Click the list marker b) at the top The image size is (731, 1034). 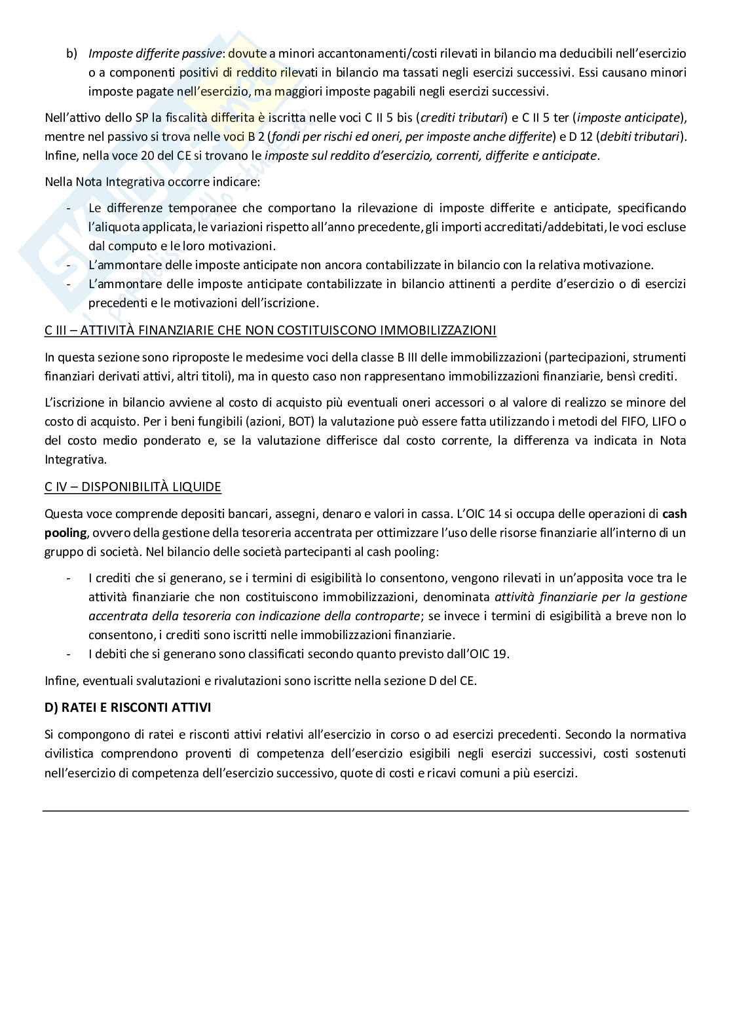pos(71,53)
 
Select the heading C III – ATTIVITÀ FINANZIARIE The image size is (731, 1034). pos(270,330)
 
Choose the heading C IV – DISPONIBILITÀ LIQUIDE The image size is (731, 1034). pos(132,487)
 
